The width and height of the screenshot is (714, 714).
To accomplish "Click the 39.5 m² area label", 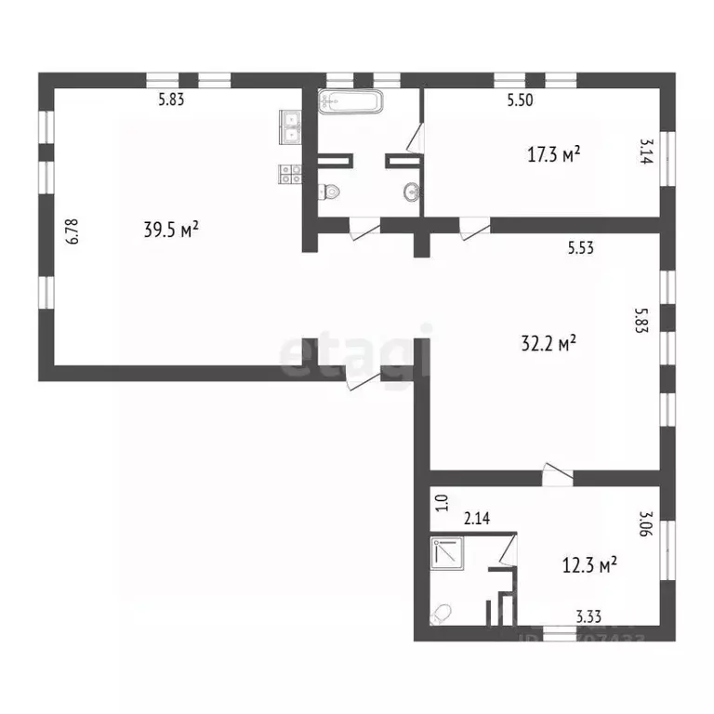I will click(x=172, y=230).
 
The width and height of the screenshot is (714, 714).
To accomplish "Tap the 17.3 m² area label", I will click(x=554, y=154).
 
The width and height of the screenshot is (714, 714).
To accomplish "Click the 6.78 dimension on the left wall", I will click(x=72, y=231).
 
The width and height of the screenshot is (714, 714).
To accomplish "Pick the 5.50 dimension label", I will click(x=521, y=101).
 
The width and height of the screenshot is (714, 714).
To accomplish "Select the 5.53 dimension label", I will click(x=581, y=247).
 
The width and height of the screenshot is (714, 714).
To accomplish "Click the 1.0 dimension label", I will click(x=443, y=503).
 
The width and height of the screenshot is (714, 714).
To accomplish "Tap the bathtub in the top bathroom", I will click(x=350, y=101).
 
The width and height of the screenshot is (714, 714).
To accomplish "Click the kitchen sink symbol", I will click(x=290, y=126).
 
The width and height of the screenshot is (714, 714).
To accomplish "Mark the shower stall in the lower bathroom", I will click(x=448, y=552).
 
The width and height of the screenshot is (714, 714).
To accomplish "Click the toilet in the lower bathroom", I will click(x=443, y=614).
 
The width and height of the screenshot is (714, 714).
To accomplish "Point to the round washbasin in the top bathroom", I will click(x=411, y=192).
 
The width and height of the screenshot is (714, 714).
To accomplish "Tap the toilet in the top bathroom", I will click(x=329, y=192).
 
